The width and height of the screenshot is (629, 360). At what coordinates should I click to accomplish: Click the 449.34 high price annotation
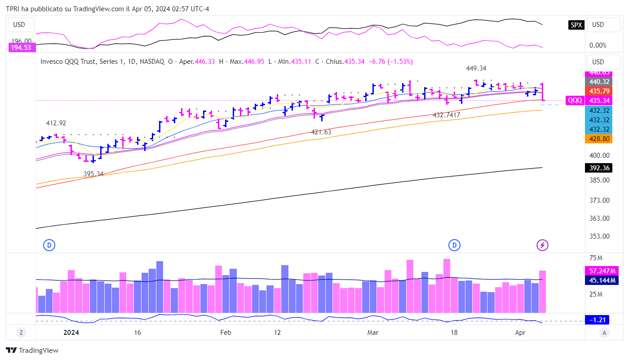[x=476, y=68]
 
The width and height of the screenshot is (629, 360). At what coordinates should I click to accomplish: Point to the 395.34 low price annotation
[x=93, y=174]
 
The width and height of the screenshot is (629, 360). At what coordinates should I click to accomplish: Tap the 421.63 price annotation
[x=321, y=132]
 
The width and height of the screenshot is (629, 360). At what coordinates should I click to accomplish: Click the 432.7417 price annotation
[x=446, y=115]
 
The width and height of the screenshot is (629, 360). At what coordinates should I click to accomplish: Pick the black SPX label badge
[x=576, y=25]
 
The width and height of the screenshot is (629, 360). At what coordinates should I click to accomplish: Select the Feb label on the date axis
[x=226, y=333]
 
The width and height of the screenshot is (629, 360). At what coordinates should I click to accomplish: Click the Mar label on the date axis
[x=372, y=333]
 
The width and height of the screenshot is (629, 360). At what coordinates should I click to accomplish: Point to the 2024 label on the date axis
[x=71, y=333]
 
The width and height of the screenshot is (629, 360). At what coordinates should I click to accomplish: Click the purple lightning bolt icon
[x=543, y=245]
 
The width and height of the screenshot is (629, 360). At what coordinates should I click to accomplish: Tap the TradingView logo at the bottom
[x=32, y=351]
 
